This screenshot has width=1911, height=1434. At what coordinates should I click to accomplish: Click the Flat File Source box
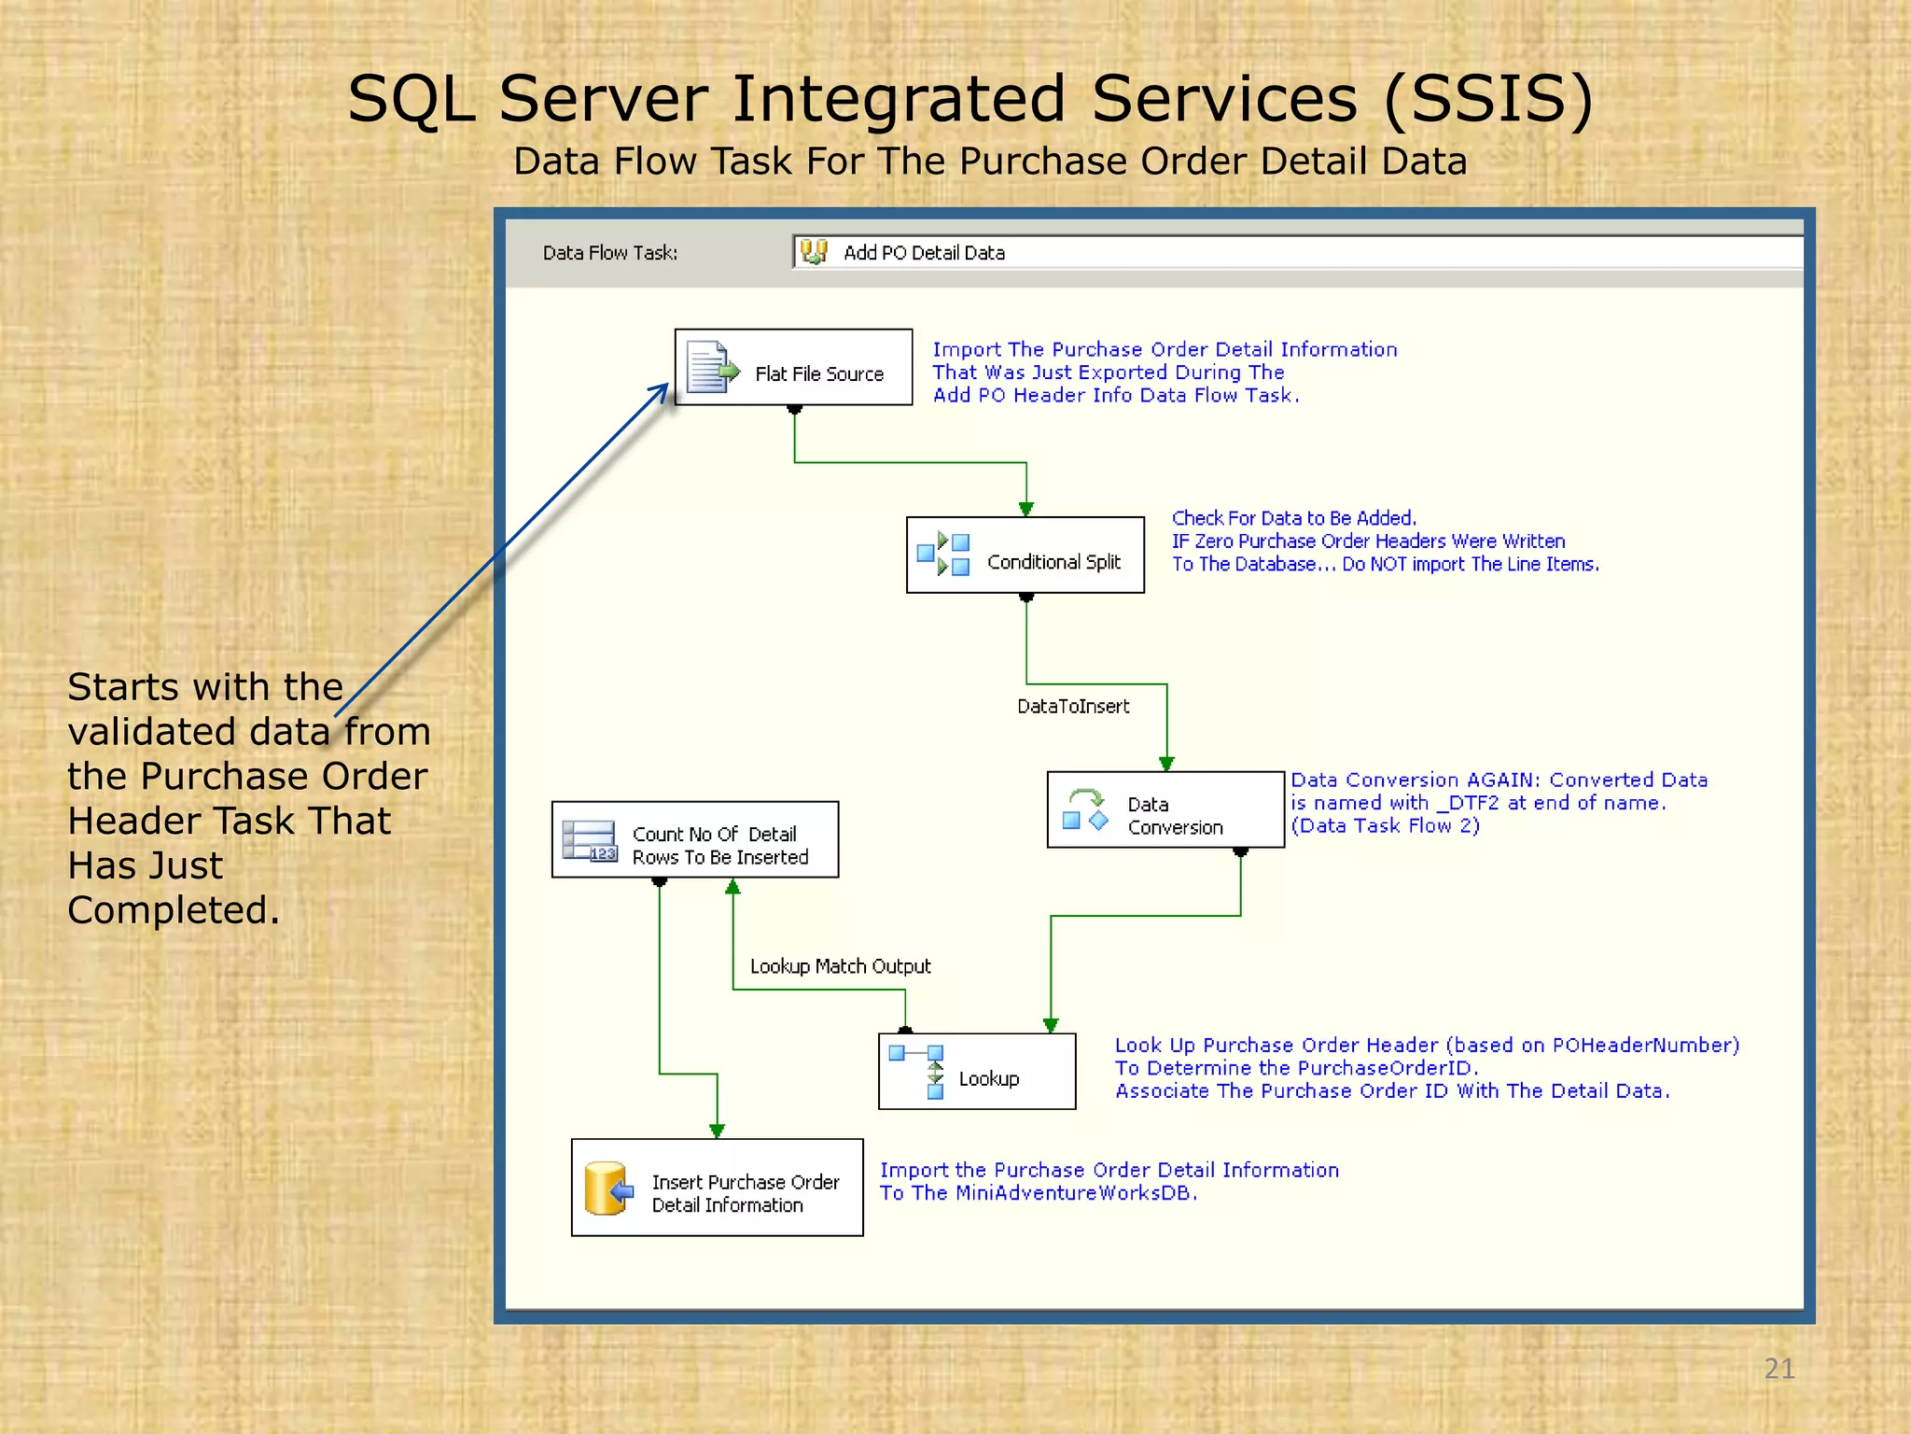(x=793, y=367)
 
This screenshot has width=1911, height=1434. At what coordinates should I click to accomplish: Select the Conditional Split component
(x=1025, y=555)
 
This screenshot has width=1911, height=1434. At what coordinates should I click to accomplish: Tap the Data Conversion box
(x=1165, y=810)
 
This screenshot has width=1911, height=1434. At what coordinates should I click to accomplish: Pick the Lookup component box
(x=976, y=1072)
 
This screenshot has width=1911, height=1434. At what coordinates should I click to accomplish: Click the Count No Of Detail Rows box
(x=694, y=840)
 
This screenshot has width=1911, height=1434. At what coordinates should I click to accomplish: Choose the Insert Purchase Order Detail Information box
(x=717, y=1188)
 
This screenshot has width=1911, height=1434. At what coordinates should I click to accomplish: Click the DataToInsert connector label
(x=1073, y=707)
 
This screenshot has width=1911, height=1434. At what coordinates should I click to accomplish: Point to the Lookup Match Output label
(x=840, y=966)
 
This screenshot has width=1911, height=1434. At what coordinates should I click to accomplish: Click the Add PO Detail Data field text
(x=924, y=253)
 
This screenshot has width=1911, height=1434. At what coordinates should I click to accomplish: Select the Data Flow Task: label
(x=610, y=253)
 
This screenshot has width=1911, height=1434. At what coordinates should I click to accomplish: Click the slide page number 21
(x=1778, y=1369)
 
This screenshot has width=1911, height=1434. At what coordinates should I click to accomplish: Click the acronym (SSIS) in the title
(x=1488, y=99)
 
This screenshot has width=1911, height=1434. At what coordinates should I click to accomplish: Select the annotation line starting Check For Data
(x=1293, y=518)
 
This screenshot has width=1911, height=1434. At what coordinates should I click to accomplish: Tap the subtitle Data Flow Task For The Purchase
(x=989, y=162)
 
